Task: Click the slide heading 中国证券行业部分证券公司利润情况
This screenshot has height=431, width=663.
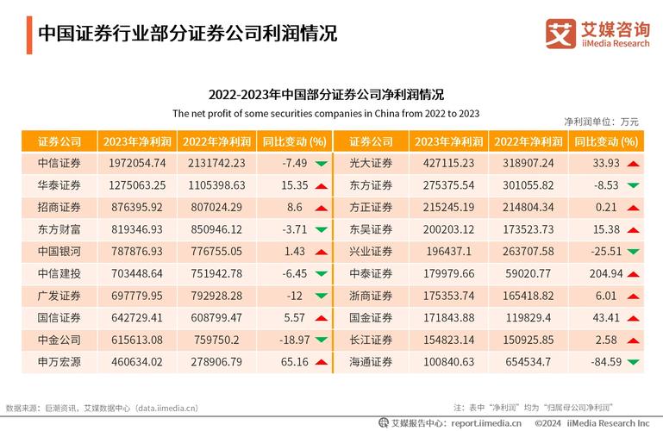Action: tap(187, 34)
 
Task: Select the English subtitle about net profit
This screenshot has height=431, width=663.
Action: tap(326, 113)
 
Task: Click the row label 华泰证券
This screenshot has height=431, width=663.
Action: tap(59, 185)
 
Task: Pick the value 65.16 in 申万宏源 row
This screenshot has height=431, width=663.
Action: tap(294, 361)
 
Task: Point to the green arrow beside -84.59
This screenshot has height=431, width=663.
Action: tap(633, 361)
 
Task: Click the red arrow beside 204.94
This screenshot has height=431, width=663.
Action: tap(633, 273)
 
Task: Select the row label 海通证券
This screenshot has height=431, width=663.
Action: tap(371, 361)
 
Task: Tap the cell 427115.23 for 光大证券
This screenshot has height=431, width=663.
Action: tap(443, 164)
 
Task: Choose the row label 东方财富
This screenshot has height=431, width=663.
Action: tap(59, 229)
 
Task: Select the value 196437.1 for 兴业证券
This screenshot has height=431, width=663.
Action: tap(443, 252)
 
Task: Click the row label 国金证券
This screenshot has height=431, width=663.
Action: tap(371, 317)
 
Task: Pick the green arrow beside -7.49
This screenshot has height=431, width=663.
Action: tap(321, 164)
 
